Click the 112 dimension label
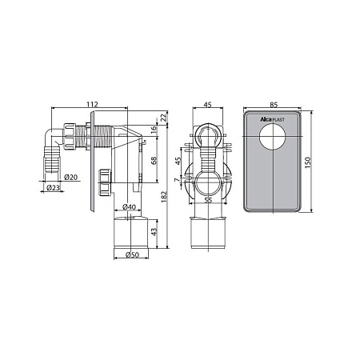[x=92, y=104]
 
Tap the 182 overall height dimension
[x=164, y=197]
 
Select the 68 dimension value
[x=154, y=161]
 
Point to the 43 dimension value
[x=154, y=231]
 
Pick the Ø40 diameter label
[x=130, y=206]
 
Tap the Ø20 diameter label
[x=71, y=177]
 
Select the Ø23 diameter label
[x=53, y=187]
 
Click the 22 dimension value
[x=164, y=118]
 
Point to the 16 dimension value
[x=154, y=130]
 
